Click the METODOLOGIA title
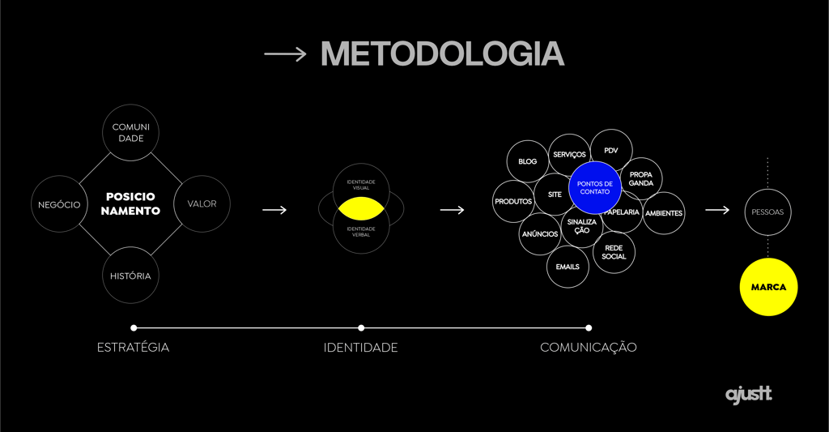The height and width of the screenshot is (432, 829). [442, 54]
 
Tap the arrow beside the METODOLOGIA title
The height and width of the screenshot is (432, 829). [285, 54]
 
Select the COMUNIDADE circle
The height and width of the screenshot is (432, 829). [131, 132]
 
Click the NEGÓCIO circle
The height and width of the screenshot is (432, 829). [59, 204]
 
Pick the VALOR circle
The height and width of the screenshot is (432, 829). [202, 203]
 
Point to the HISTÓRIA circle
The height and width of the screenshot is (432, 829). [131, 276]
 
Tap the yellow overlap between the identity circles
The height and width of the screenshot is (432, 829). [361, 209]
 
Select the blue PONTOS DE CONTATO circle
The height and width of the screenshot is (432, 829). [595, 188]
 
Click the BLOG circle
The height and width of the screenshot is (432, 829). [528, 161]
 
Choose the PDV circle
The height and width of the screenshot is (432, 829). [611, 151]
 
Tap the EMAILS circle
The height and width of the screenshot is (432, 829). [568, 267]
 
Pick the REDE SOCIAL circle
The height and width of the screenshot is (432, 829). [614, 252]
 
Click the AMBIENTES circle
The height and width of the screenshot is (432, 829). [665, 213]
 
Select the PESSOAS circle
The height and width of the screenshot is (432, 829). [767, 212]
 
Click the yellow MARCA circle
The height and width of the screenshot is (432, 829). [768, 287]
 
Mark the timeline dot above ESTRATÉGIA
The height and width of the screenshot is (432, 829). [134, 328]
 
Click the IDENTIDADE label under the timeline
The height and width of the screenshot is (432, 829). [360, 348]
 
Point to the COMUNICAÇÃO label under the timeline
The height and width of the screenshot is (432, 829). [589, 348]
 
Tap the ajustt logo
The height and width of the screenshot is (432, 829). [748, 395]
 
